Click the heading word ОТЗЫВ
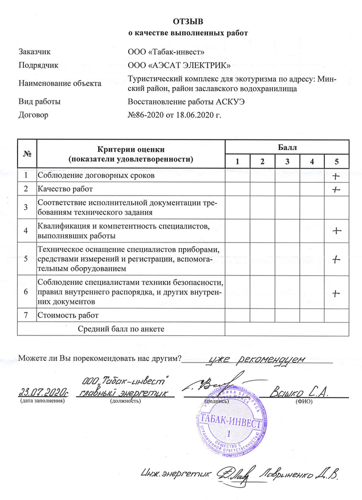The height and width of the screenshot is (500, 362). click(x=189, y=21)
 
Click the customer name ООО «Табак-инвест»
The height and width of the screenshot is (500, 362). click(x=166, y=51)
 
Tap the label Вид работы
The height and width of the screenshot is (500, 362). click(x=39, y=102)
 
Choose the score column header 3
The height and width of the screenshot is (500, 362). click(x=287, y=161)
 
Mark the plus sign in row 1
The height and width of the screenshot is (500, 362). click(x=336, y=176)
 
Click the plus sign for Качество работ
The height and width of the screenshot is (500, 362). click(x=336, y=189)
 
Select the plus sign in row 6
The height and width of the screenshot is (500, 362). click(x=336, y=292)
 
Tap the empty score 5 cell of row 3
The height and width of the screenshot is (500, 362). click(x=336, y=207)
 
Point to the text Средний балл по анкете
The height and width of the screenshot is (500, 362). click(x=121, y=328)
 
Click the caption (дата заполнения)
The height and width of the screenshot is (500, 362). click(x=43, y=401)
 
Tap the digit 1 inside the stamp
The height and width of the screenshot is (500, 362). click(x=229, y=433)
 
